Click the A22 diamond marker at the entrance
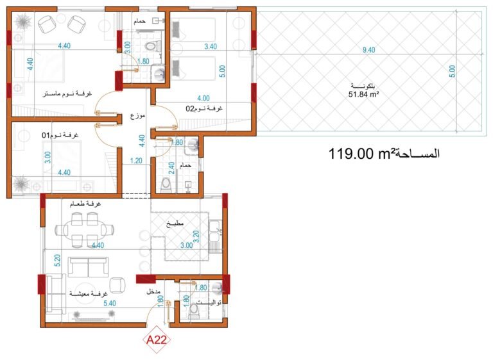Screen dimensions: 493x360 tap(157, 340)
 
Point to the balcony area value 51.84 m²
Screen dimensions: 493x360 tap(363, 94)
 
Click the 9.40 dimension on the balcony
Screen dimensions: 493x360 tap(368, 50)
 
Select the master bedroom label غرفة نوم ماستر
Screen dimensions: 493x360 tap(67, 94)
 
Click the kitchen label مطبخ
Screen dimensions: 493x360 tap(175, 224)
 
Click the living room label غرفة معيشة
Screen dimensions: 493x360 tap(89, 293)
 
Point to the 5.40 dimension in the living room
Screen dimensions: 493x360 tap(109, 303)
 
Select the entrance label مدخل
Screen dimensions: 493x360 tap(153, 291)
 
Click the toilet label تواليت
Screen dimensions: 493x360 tap(209, 302)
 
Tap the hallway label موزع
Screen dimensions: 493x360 tap(138, 116)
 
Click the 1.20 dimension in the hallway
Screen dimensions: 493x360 tap(136, 161)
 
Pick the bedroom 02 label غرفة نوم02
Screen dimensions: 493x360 tap(204, 109)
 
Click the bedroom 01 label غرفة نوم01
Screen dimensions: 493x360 tap(60, 135)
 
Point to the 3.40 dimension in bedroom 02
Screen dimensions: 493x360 tap(211, 47)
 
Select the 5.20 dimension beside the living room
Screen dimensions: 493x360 tap(57, 261)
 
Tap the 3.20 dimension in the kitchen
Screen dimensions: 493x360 tap(196, 236)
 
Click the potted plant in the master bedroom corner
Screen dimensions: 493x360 tap(23, 22)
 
